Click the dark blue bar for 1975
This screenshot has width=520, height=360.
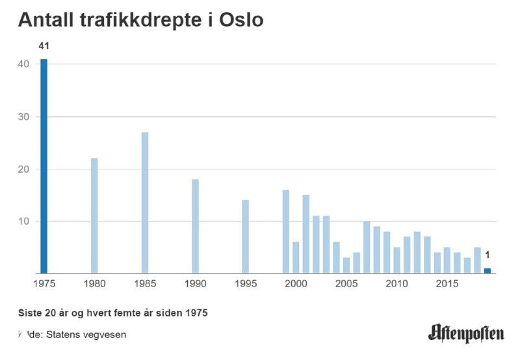44,166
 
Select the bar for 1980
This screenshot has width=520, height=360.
94,216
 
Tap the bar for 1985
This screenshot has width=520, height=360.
145,203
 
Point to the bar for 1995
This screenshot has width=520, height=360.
245,237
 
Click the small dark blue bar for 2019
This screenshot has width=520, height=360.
487,271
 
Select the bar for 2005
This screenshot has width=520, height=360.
346,266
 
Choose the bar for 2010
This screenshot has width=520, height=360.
396,261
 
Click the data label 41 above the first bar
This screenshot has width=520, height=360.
44,46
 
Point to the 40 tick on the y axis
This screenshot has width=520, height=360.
23,64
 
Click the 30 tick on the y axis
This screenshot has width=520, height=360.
23,117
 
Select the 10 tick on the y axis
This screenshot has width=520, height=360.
23,222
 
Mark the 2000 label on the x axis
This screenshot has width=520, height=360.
296,284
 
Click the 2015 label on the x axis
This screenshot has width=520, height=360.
447,284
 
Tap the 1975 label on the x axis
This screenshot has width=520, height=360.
44,284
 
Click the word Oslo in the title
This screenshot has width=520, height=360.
240,20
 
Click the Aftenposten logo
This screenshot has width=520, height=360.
466,334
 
